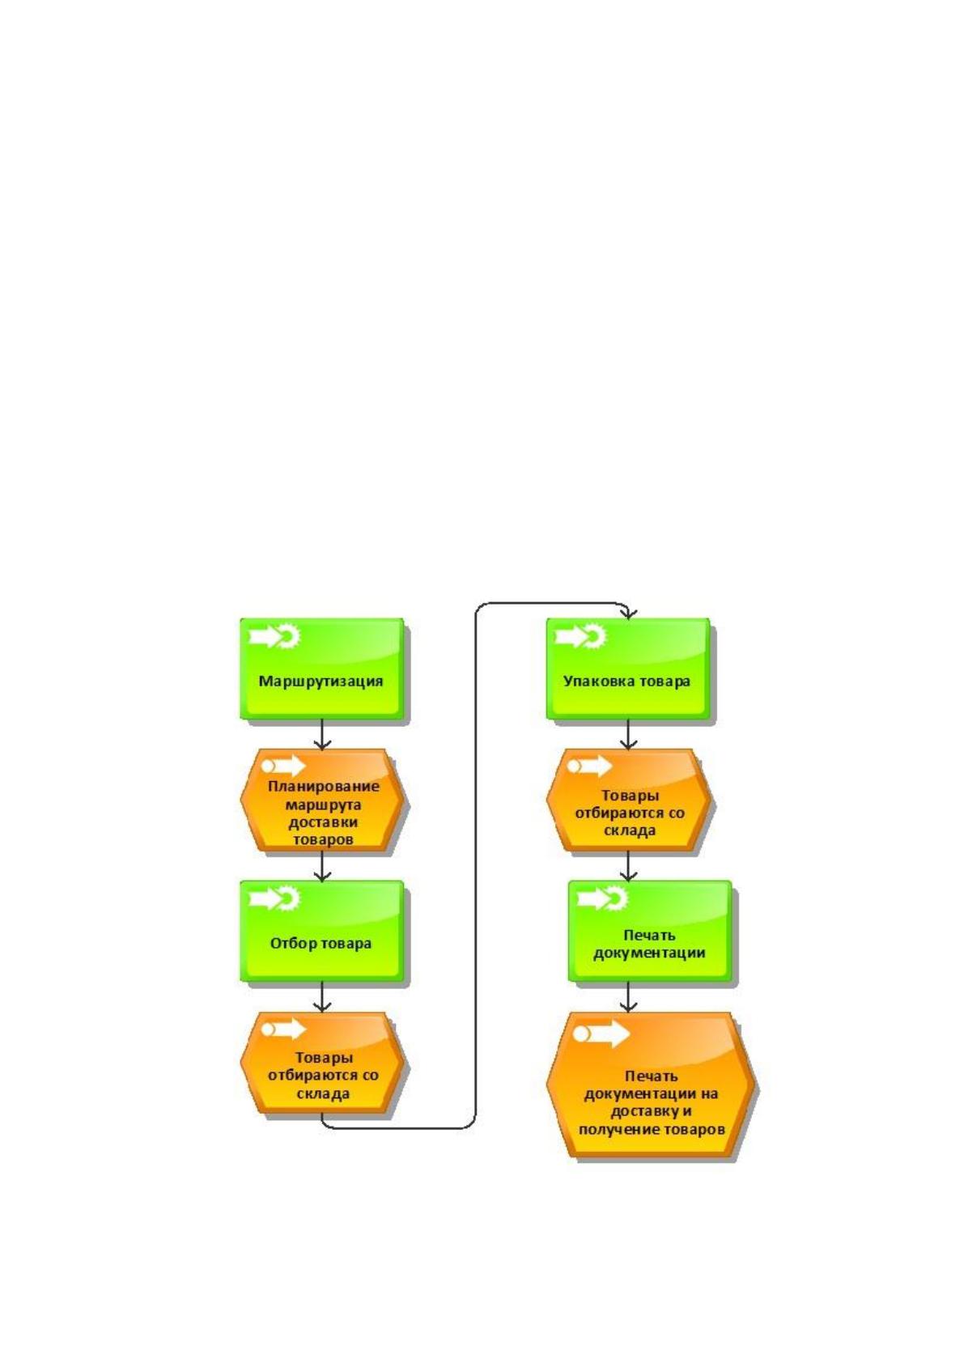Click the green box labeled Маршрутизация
pos(321,669)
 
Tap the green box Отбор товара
pos(321,931)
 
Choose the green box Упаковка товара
pos(627,669)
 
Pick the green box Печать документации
pos(649,931)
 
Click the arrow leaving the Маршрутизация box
pos(322,734)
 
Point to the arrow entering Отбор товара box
pos(322,865)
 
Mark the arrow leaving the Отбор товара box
pos(322,996)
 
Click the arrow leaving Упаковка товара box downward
pos(628,734)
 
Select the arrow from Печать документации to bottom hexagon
pos(628,996)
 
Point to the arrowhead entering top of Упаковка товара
pos(628,614)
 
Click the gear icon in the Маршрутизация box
pos(288,636)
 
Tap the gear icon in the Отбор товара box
pos(288,898)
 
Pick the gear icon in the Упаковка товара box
pos(594,636)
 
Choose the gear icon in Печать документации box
pos(616,898)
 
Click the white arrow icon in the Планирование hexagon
pos(283,766)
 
